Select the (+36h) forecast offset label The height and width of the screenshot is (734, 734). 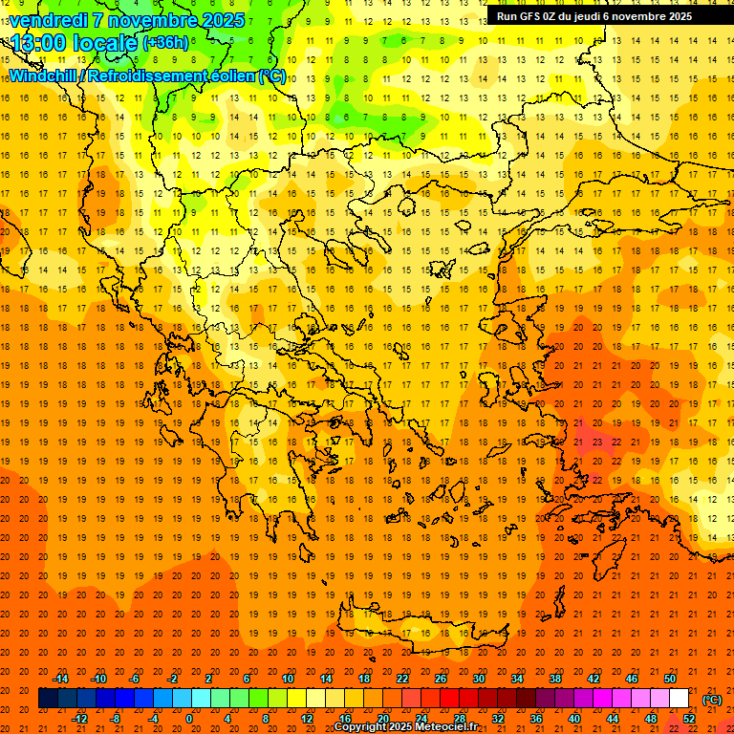[x=165, y=43]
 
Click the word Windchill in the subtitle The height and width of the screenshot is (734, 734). [x=44, y=76]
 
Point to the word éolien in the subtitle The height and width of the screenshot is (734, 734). [x=223, y=76]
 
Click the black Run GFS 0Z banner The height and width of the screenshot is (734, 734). [x=594, y=16]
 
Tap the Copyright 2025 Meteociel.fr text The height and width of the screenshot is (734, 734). [x=405, y=726]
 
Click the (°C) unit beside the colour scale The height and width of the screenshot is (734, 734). [x=712, y=700]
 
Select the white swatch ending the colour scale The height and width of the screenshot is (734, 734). [x=679, y=699]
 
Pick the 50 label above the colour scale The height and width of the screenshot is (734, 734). [x=670, y=679]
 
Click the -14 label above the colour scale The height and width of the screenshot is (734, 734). [x=60, y=679]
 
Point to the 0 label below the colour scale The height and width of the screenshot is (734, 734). [x=189, y=719]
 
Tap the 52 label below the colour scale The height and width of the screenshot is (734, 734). [x=689, y=719]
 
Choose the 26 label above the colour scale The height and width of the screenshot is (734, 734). [x=441, y=679]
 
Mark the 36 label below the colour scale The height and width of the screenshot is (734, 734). [x=536, y=719]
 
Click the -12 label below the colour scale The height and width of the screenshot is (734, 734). [x=79, y=719]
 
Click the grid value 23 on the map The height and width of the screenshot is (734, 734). [x=596, y=443]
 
